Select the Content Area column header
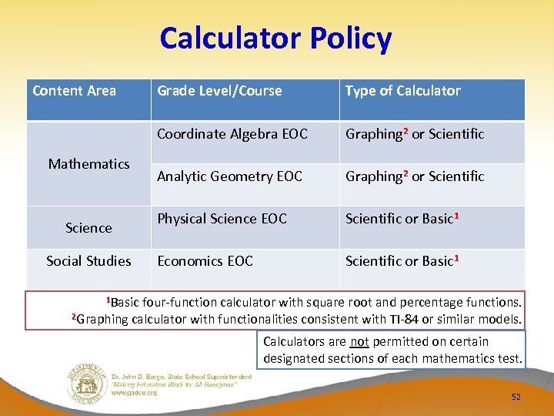(74, 91)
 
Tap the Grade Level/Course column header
(219, 91)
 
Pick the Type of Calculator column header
(402, 91)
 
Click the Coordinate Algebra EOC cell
(232, 134)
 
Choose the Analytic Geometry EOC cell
(229, 176)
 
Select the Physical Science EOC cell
(222, 219)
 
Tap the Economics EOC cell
(205, 261)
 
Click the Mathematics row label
(88, 163)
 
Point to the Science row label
(88, 228)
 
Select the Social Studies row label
(88, 261)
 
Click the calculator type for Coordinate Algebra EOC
(415, 134)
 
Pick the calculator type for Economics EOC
(399, 261)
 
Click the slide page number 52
(516, 397)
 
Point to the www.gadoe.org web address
(134, 392)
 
